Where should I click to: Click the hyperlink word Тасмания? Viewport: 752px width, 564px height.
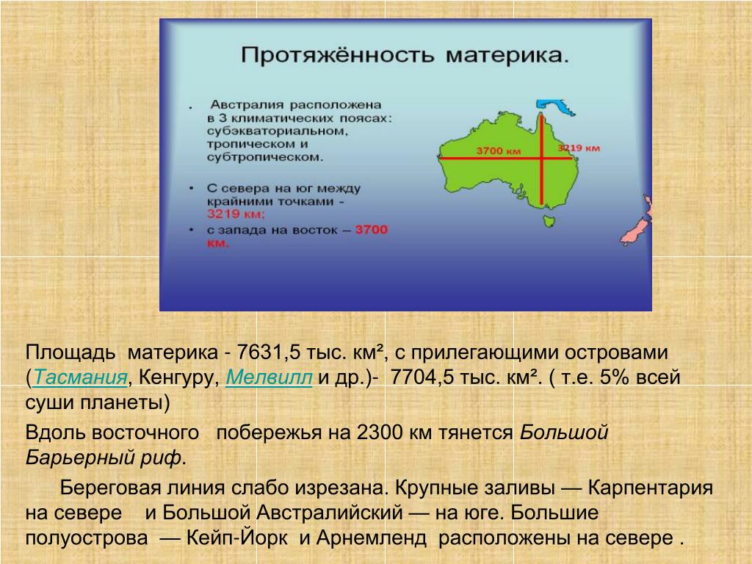click(x=81, y=377)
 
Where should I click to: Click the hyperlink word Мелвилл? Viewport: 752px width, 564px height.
click(x=269, y=377)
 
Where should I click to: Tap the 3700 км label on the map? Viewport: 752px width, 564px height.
click(x=499, y=151)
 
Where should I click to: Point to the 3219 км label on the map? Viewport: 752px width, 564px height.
click(x=579, y=148)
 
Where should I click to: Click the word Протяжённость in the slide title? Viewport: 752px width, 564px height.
click(x=337, y=56)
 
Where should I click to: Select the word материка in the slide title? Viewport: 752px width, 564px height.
click(x=507, y=56)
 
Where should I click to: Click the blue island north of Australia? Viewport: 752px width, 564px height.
click(x=555, y=106)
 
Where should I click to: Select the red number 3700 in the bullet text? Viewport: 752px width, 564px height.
click(x=371, y=230)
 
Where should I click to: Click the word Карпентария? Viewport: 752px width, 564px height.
click(x=651, y=488)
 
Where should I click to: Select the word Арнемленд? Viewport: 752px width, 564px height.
click(x=372, y=538)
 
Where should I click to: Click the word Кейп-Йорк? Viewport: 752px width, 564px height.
click(x=237, y=538)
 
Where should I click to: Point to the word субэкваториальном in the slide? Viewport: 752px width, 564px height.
click(x=277, y=131)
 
